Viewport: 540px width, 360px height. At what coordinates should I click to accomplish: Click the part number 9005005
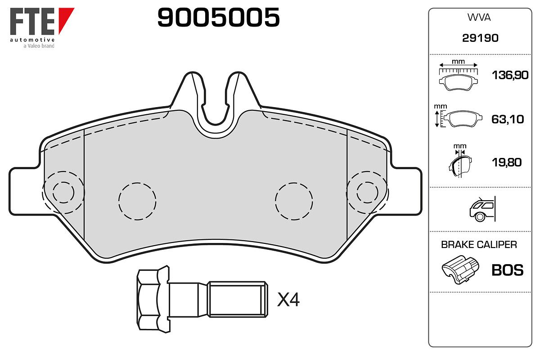click(x=218, y=17)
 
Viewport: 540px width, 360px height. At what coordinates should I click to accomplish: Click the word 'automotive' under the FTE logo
click(x=32, y=40)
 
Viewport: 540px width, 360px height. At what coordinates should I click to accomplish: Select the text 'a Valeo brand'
click(x=39, y=46)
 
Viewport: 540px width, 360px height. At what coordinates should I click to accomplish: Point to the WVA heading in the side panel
click(x=479, y=18)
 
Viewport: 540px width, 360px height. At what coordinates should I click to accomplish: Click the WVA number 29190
click(x=480, y=38)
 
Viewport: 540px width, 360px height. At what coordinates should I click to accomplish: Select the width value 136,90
click(x=510, y=75)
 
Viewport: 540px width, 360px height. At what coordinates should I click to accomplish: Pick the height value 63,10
click(x=508, y=119)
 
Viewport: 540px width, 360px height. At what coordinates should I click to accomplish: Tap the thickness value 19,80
click(x=507, y=162)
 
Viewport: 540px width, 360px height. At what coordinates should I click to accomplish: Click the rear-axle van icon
click(x=482, y=209)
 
